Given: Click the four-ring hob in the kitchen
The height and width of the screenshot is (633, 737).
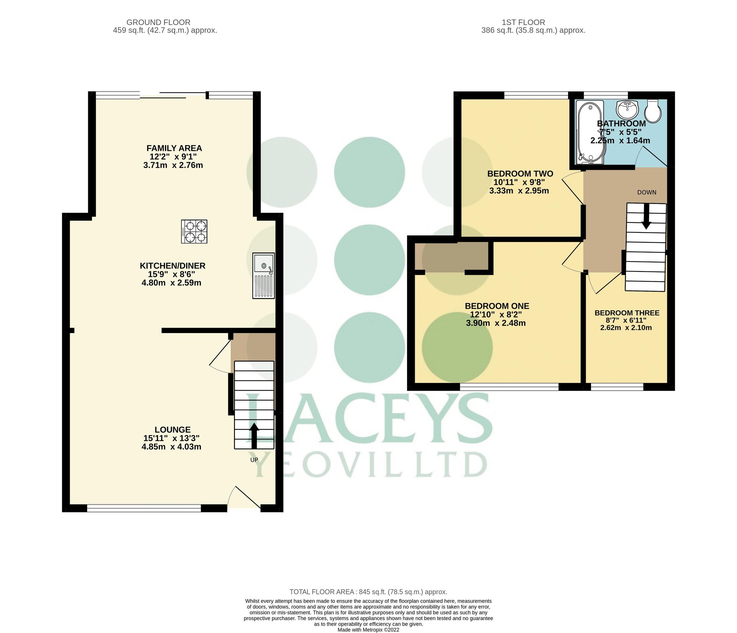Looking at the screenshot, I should pos(194,231).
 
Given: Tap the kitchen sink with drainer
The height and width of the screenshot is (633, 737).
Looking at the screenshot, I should pos(263,275).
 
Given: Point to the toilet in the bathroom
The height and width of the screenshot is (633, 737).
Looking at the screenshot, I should pos(653,111).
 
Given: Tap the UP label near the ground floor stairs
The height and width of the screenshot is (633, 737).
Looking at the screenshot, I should pos(254,460).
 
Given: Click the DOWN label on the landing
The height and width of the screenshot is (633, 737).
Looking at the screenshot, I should pos(646,192).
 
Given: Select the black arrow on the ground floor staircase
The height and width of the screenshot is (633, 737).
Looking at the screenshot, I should pos(254,436).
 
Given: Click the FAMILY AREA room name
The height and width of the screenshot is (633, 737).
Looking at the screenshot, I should pos(174,148).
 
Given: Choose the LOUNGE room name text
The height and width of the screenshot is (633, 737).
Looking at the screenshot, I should pos(172,429).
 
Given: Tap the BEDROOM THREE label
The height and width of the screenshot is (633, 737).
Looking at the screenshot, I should pos(627,313).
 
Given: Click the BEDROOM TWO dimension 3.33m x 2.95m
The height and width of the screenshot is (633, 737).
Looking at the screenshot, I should pos(519,191).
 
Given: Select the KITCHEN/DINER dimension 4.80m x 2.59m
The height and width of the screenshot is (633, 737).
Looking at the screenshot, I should pos(171,283).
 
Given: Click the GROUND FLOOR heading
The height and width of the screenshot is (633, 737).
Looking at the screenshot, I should pos(158,23).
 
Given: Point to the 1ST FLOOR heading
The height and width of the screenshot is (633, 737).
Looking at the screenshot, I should pos(523,23).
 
